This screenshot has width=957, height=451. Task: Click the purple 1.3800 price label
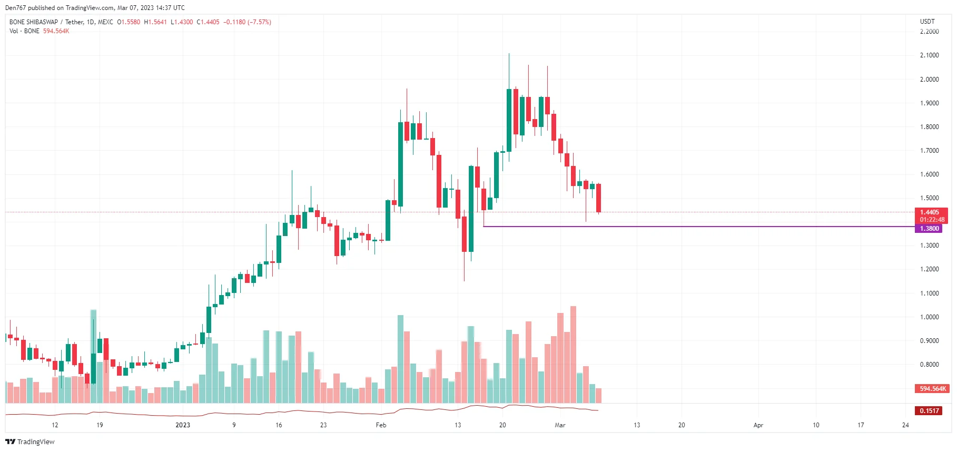929,229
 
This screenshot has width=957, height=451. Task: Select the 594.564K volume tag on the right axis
932,389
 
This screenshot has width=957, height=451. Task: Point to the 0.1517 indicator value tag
929,411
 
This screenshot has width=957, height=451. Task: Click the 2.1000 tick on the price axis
929,55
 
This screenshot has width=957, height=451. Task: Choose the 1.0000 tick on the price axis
929,317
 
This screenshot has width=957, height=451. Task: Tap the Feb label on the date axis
381,425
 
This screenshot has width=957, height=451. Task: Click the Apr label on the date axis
758,425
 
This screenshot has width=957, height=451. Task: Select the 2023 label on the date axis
183,425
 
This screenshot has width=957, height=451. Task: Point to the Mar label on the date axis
560,425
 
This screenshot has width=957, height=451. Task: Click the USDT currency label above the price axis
927,22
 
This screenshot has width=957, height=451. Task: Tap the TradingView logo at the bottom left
30,442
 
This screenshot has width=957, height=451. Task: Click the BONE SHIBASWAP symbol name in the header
34,22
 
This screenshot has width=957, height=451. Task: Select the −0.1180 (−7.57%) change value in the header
247,22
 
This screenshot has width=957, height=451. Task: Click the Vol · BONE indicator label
24,31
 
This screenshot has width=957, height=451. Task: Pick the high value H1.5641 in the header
155,22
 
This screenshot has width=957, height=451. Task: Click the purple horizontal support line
685,227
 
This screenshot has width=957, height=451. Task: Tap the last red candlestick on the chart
598,198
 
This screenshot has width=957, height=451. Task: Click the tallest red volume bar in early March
573,354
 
